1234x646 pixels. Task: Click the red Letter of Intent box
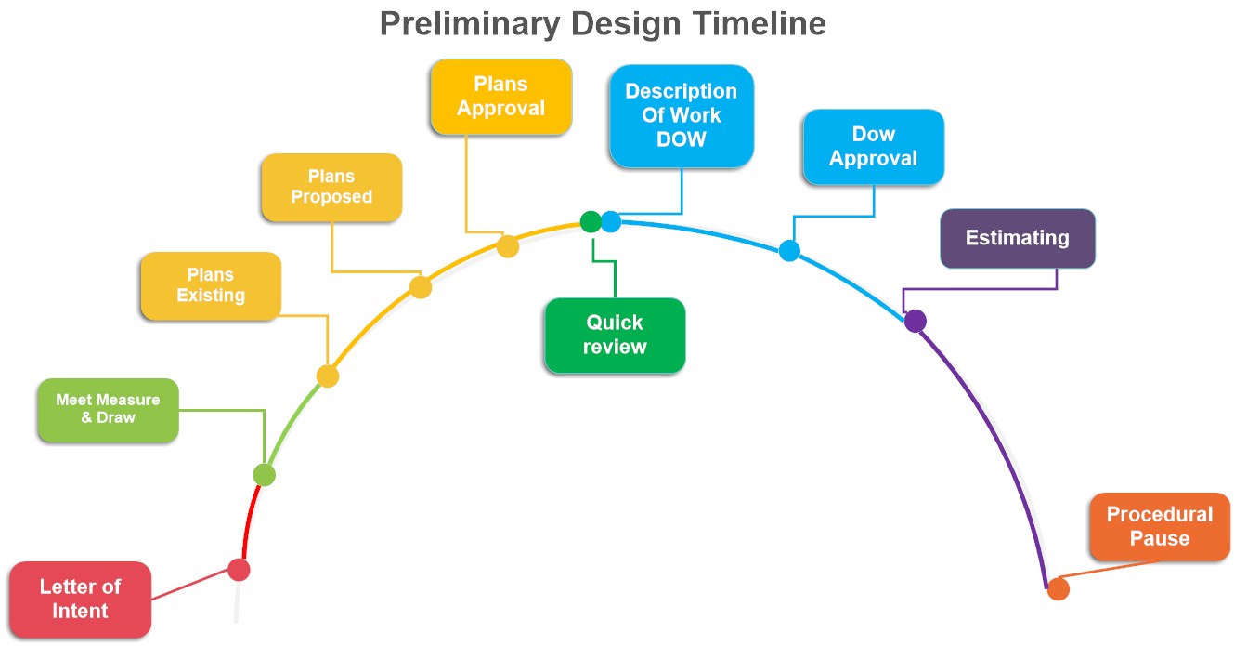click(x=81, y=600)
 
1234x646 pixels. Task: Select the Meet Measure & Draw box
click(x=109, y=410)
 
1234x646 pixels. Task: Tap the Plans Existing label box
click(x=211, y=285)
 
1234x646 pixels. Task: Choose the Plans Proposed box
click(x=331, y=188)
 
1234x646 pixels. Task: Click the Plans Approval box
click(x=501, y=97)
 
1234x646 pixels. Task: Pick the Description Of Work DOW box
click(x=682, y=116)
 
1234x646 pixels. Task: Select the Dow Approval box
click(x=874, y=147)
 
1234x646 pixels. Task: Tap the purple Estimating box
click(x=1018, y=238)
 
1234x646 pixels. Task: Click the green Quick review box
click(x=615, y=336)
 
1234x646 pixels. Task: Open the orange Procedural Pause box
click(x=1160, y=526)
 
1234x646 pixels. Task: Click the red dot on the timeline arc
click(x=239, y=570)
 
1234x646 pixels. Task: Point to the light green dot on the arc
click(x=265, y=474)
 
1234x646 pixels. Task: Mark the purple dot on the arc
click(x=915, y=321)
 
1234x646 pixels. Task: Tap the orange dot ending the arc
click(x=1059, y=589)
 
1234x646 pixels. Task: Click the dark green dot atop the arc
click(x=591, y=222)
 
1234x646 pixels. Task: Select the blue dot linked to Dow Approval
click(x=789, y=250)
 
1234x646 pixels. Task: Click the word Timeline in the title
click(x=760, y=24)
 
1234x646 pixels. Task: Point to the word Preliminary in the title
click(x=470, y=25)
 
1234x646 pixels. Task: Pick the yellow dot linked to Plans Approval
click(x=507, y=246)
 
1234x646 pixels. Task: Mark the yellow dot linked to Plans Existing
click(x=328, y=376)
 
